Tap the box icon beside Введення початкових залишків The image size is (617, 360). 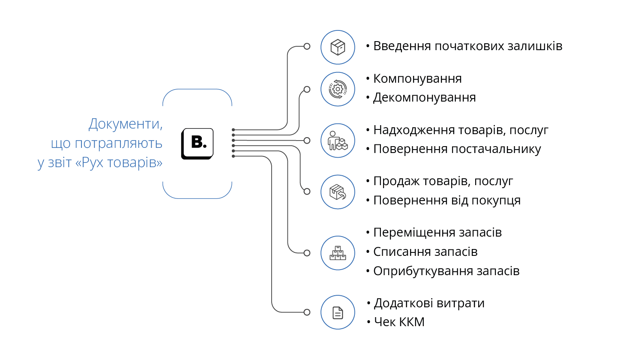pyautogui.click(x=338, y=47)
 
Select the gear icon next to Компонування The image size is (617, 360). pyautogui.click(x=338, y=89)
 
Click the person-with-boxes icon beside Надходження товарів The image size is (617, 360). pyautogui.click(x=338, y=141)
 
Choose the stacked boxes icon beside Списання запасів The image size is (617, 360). pyautogui.click(x=338, y=253)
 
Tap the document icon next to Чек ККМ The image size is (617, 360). pyautogui.click(x=338, y=312)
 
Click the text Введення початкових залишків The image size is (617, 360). pyautogui.click(x=467, y=46)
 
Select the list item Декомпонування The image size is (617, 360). pyautogui.click(x=424, y=98)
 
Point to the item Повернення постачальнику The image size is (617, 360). pyautogui.click(x=457, y=149)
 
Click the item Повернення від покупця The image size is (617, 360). pyautogui.click(x=447, y=201)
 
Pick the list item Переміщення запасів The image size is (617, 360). pyautogui.click(x=437, y=233)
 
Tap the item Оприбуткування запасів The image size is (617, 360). pyautogui.click(x=446, y=271)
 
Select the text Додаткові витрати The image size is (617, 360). pyautogui.click(x=429, y=303)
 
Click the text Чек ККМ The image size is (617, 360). pyautogui.click(x=399, y=322)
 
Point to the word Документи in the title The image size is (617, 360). pyautogui.click(x=126, y=124)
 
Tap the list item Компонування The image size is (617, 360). pyautogui.click(x=417, y=79)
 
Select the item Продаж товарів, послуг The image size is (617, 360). pyautogui.click(x=443, y=181)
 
